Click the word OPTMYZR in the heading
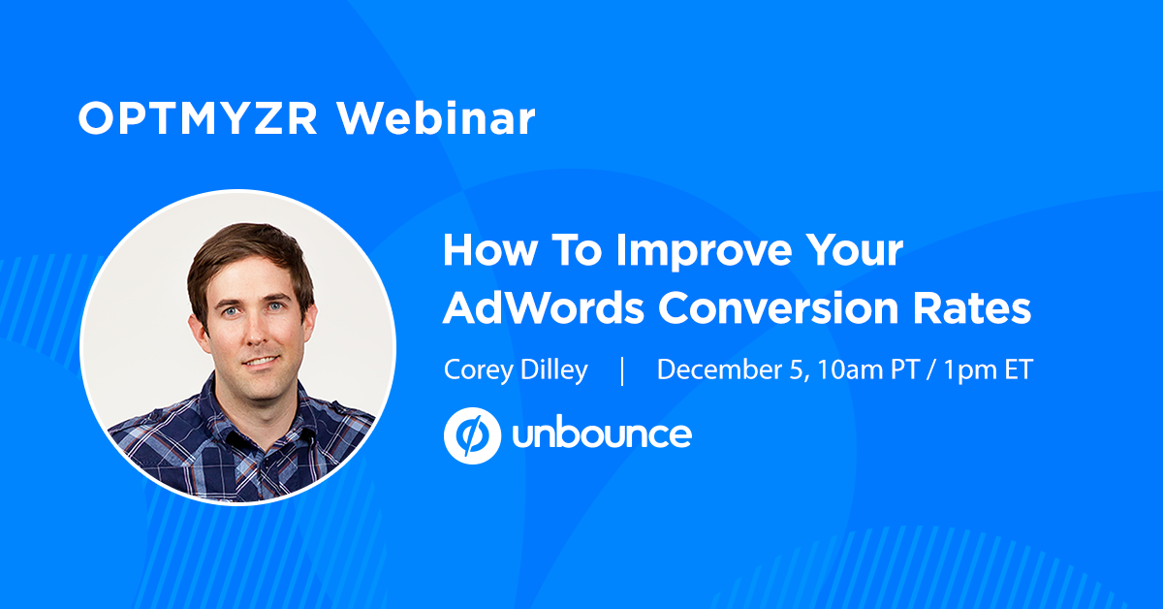198,118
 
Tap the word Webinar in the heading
436,118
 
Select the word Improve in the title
704,252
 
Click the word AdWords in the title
544,308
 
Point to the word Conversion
778,308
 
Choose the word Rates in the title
972,308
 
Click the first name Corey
478,370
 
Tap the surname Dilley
554,370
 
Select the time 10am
850,370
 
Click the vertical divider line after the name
622,370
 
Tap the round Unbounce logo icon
472,435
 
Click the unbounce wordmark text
602,434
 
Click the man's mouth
261,361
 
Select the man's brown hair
248,255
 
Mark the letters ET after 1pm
1019,370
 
